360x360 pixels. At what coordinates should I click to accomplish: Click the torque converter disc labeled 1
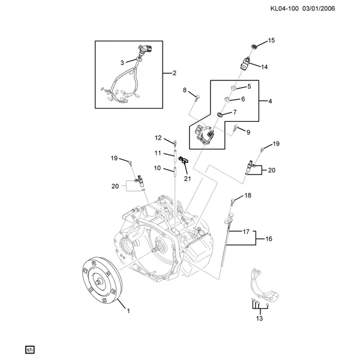click(x=102, y=281)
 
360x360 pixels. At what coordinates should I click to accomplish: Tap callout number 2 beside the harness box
click(x=175, y=73)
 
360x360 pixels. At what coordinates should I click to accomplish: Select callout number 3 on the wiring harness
click(x=122, y=62)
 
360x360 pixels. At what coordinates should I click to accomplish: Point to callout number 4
click(x=270, y=101)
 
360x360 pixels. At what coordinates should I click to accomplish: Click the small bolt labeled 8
click(x=197, y=98)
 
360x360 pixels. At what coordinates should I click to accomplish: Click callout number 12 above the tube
click(x=158, y=138)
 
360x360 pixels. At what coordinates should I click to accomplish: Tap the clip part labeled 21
click(x=184, y=160)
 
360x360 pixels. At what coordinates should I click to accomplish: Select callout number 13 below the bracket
click(x=259, y=319)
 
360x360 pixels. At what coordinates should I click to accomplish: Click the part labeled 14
click(x=244, y=64)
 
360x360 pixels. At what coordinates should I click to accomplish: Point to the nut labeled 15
click(x=254, y=46)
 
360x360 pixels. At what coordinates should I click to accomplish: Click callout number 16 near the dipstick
click(x=269, y=239)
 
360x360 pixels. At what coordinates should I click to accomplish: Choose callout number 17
click(x=246, y=232)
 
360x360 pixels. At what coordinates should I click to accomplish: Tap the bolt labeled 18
click(x=233, y=202)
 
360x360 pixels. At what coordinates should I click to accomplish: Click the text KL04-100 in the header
click(x=284, y=9)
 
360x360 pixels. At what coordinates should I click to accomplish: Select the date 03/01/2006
click(x=319, y=9)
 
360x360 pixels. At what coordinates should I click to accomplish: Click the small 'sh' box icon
click(x=29, y=350)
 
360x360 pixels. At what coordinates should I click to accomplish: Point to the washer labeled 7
click(x=220, y=114)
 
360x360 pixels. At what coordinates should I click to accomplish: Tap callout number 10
click(x=157, y=168)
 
